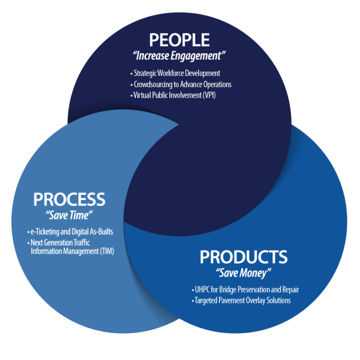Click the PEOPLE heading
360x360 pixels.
coord(180,40)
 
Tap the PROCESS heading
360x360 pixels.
coord(69,199)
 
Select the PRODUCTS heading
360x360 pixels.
coord(243,257)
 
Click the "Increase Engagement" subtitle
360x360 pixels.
coord(180,56)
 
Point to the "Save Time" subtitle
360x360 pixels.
coord(69,216)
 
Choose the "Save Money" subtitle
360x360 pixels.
coord(243,273)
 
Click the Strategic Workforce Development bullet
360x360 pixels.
coord(176,73)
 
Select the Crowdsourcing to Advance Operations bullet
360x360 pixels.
coord(181,84)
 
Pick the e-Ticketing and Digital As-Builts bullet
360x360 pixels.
coord(70,232)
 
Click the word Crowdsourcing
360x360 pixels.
coord(154,84)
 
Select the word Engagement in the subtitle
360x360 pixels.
coord(200,56)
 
